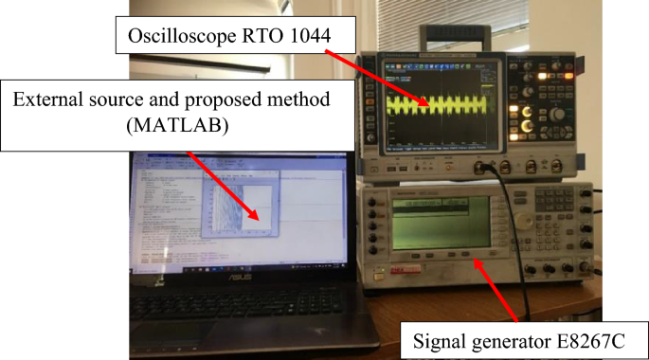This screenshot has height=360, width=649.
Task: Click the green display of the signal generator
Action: [441, 224]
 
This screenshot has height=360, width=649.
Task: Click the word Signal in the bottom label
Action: [440, 338]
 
